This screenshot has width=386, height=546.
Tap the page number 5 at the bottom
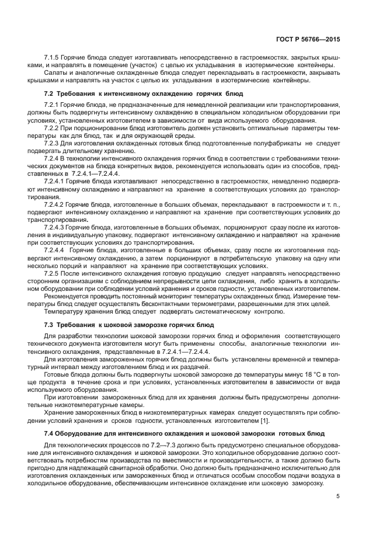coord(338,498)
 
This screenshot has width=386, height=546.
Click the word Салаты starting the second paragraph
coord(56,72)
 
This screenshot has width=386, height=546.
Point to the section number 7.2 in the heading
coord(49,94)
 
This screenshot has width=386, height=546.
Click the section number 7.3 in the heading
coord(49,324)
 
